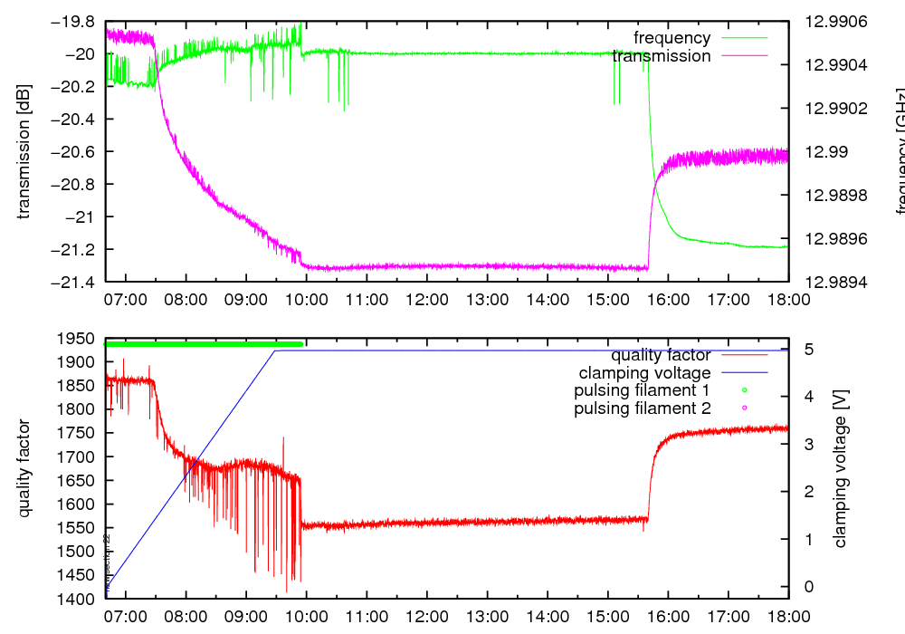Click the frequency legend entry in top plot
672,38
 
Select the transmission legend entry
662,56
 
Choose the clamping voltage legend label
645,372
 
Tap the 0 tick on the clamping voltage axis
808,587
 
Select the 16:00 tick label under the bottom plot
668,617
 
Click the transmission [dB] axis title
24,151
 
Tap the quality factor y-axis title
24,468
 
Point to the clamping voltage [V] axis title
840,468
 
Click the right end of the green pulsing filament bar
301,344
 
